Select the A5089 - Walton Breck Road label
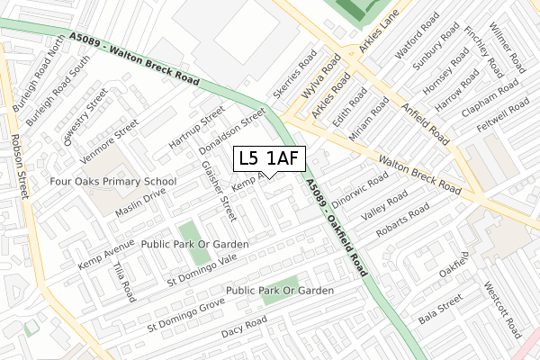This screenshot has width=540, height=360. [x=132, y=58]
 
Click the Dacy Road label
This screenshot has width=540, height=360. [x=244, y=327]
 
